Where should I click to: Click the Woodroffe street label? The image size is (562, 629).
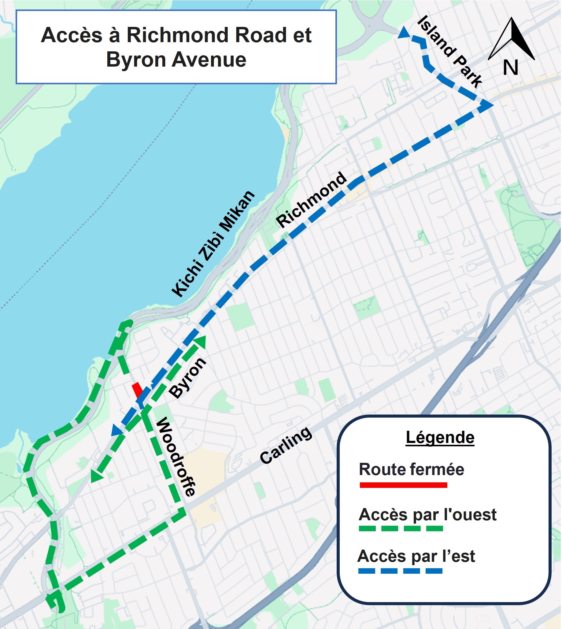click(176, 457)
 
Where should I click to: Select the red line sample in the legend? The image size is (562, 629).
click(404, 485)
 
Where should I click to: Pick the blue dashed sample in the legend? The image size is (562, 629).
click(401, 571)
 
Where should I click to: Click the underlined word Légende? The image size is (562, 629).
click(440, 437)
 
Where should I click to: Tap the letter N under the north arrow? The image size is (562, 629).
click(511, 68)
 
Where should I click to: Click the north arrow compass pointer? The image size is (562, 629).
click(512, 38)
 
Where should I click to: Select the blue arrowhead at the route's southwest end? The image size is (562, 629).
click(117, 431)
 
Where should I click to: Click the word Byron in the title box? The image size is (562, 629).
click(136, 60)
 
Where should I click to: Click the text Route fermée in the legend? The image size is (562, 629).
click(412, 470)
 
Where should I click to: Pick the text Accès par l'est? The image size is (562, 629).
click(416, 556)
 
